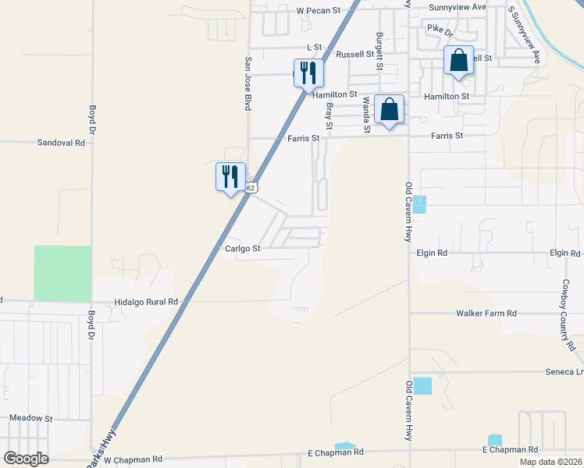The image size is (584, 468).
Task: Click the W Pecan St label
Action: pos(319,11)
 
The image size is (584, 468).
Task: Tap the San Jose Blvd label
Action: pos(248,83)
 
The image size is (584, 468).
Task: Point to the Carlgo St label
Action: pos(241,249)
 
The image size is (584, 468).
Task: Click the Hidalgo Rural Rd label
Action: pos(146,302)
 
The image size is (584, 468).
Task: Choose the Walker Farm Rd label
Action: pos(486,314)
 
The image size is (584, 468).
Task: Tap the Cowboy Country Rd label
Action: pos(567,315)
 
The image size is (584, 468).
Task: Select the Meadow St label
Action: pos(30,418)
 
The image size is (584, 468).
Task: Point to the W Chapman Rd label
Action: pos(133,460)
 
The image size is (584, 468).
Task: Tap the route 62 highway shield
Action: pos(250,188)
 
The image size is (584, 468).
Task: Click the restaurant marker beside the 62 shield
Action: pos(230,176)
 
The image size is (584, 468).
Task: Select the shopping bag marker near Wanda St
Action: pos(389,109)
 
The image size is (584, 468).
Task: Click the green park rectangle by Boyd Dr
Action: pos(62,274)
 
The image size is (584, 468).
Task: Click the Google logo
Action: pos(26,459)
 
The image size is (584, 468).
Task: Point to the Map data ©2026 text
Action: pos(550,462)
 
